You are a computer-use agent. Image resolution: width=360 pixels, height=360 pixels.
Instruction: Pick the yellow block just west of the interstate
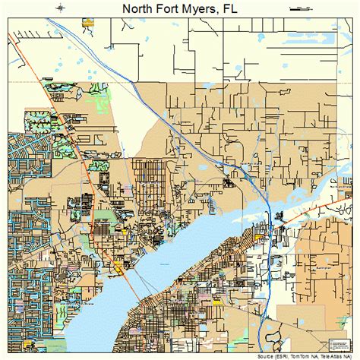[257, 237]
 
